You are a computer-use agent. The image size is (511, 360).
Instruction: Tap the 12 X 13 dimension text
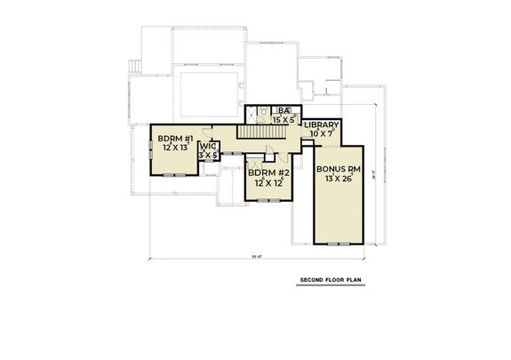pyautogui.click(x=175, y=148)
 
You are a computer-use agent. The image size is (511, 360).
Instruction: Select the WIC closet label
pyautogui.click(x=208, y=146)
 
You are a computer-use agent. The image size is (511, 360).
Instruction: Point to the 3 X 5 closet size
pyautogui.click(x=208, y=156)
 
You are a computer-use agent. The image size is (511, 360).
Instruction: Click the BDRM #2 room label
pyautogui.click(x=266, y=172)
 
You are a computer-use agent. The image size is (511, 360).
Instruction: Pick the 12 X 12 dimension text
pyautogui.click(x=266, y=182)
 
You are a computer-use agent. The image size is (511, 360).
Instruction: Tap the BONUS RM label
pyautogui.click(x=338, y=168)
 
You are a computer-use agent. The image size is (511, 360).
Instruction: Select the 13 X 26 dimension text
pyautogui.click(x=338, y=179)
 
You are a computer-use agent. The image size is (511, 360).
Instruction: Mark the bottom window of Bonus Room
pyautogui.click(x=339, y=243)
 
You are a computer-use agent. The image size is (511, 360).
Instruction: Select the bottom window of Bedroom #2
pyautogui.click(x=266, y=201)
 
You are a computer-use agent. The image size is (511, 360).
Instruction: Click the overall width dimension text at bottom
pyautogui.click(x=257, y=257)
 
